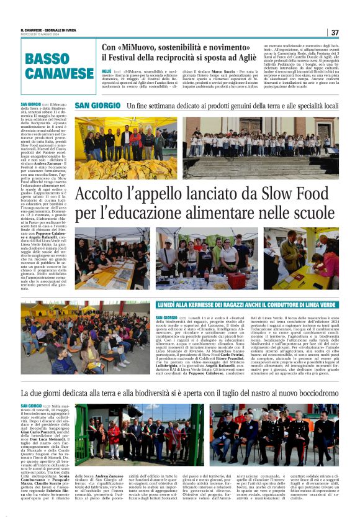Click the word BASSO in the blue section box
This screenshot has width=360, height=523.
[48, 59]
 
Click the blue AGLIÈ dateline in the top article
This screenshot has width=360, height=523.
[107, 71]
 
